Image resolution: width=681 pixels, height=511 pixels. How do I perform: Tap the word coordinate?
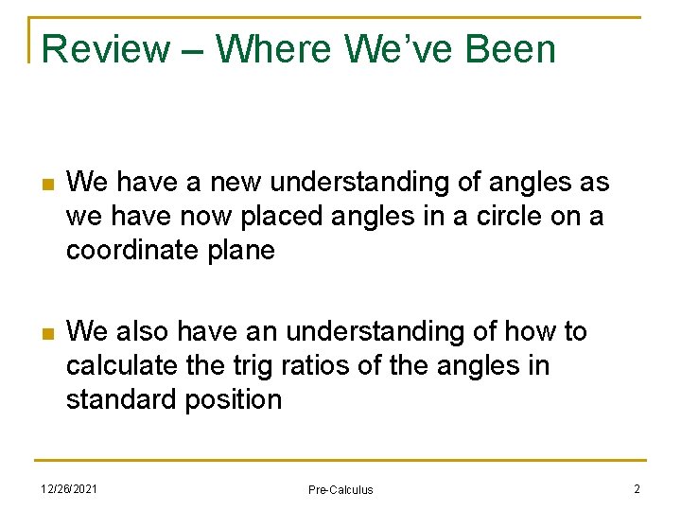tap(134, 251)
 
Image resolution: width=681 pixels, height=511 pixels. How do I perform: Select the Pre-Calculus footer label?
tap(340, 489)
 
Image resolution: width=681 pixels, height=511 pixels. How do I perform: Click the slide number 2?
tap(637, 487)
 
